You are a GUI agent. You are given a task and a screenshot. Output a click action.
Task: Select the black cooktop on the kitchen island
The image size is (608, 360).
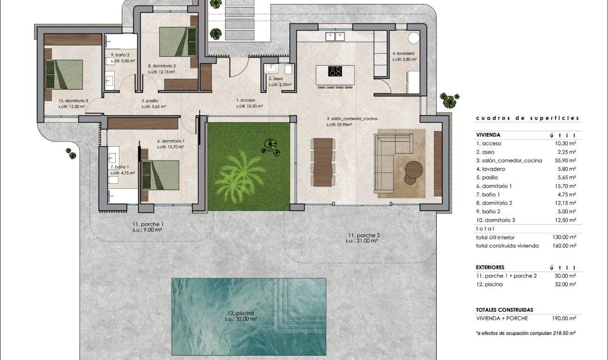coord(335,71)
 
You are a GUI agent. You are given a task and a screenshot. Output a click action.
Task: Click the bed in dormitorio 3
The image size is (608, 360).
coord(63,74)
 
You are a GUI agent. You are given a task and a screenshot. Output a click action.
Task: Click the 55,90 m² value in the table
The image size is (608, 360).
coord(566,161)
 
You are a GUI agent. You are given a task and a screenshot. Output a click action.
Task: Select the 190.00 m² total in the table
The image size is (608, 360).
coord(565,318)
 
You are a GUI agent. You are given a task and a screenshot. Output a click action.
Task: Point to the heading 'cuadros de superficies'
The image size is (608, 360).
coord(527,118)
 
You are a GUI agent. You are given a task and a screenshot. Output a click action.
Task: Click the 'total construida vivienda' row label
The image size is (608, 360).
coord(507,246)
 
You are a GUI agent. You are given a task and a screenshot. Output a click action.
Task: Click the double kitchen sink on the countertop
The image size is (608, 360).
coord(335,35)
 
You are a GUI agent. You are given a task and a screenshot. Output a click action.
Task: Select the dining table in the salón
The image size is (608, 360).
coord(323,162)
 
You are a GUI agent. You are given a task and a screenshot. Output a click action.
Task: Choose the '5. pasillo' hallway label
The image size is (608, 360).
coord(150,100)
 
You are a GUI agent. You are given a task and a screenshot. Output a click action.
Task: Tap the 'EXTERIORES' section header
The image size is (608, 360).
coord(490,267)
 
